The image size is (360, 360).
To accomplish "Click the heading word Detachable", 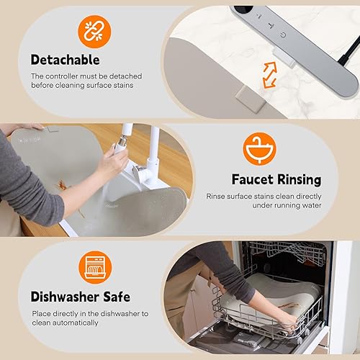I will point(64,60).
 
